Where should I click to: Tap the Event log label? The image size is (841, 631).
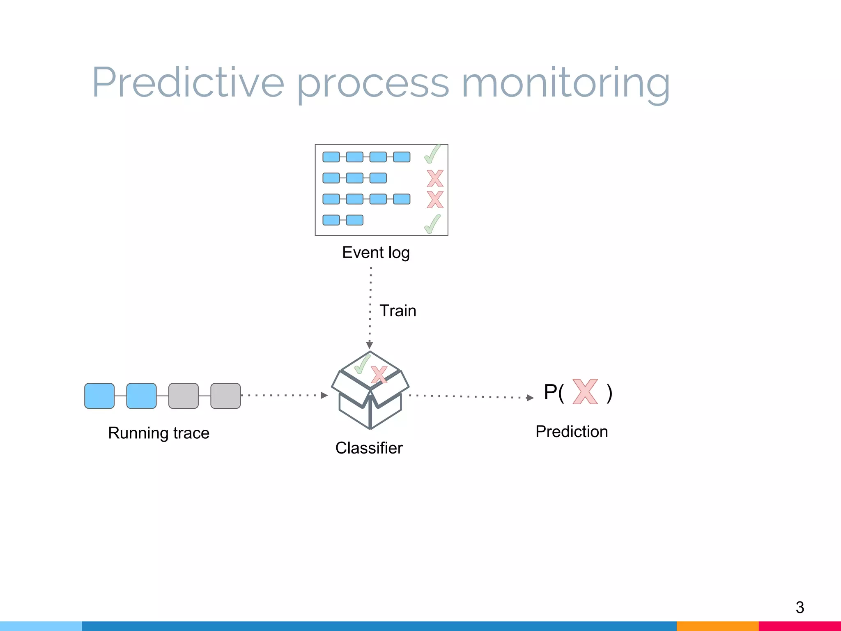tap(376, 252)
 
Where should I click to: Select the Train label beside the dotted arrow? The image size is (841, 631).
tap(398, 311)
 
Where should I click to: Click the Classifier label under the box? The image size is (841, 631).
tap(369, 448)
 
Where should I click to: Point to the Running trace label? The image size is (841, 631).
tap(159, 433)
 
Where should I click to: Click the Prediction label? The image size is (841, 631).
tap(572, 431)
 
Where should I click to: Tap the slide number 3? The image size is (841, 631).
tap(800, 607)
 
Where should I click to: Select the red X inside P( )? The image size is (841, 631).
tap(585, 391)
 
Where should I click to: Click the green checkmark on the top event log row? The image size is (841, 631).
tap(432, 154)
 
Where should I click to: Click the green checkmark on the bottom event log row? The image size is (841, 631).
tap(432, 224)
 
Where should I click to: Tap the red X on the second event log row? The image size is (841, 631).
tap(435, 178)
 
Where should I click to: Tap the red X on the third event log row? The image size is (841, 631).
tap(435, 199)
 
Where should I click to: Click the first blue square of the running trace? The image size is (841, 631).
tap(99, 396)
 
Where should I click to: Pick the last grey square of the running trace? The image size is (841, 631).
tap(225, 396)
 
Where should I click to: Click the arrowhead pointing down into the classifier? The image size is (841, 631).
tap(370, 345)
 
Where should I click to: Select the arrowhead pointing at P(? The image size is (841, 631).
tap(530, 398)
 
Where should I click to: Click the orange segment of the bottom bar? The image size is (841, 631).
tap(717, 626)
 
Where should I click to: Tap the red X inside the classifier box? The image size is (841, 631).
tap(379, 375)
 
